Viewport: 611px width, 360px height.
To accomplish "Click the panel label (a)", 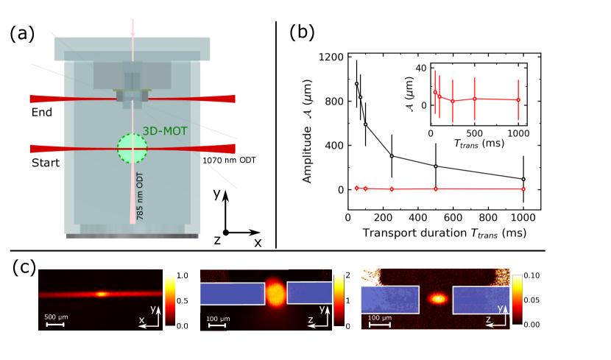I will [x=24, y=35].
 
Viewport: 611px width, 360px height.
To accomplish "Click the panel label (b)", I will [x=303, y=32].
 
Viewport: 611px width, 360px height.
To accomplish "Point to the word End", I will [x=41, y=113].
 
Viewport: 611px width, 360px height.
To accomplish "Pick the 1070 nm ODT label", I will [x=226, y=158].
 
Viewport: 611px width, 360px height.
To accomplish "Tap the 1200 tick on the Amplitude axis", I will [x=330, y=57].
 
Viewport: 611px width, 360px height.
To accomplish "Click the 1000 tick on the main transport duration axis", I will [x=523, y=218].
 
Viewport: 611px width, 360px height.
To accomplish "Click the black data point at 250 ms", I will [x=392, y=155].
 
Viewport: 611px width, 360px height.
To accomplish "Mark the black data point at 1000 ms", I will [x=523, y=179].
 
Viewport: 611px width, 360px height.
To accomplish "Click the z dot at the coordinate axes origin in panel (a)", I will [x=226, y=232].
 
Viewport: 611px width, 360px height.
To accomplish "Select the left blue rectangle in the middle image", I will [x=232, y=294].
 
